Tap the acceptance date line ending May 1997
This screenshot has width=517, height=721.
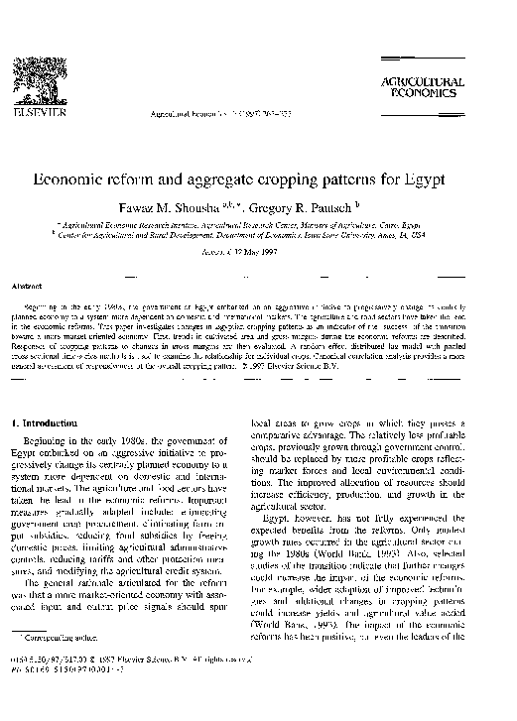pyautogui.click(x=257, y=252)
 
